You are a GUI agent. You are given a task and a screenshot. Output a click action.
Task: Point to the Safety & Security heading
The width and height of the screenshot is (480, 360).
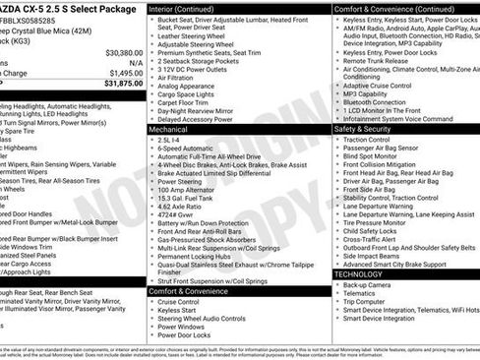coord(369,129)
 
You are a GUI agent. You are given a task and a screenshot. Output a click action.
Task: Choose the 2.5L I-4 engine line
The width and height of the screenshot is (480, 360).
coord(168,140)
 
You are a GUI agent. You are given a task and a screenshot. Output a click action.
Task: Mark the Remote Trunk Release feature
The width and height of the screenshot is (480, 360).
coord(383,62)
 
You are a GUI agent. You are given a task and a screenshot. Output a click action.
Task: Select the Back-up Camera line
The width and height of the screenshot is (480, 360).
coord(370,285)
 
